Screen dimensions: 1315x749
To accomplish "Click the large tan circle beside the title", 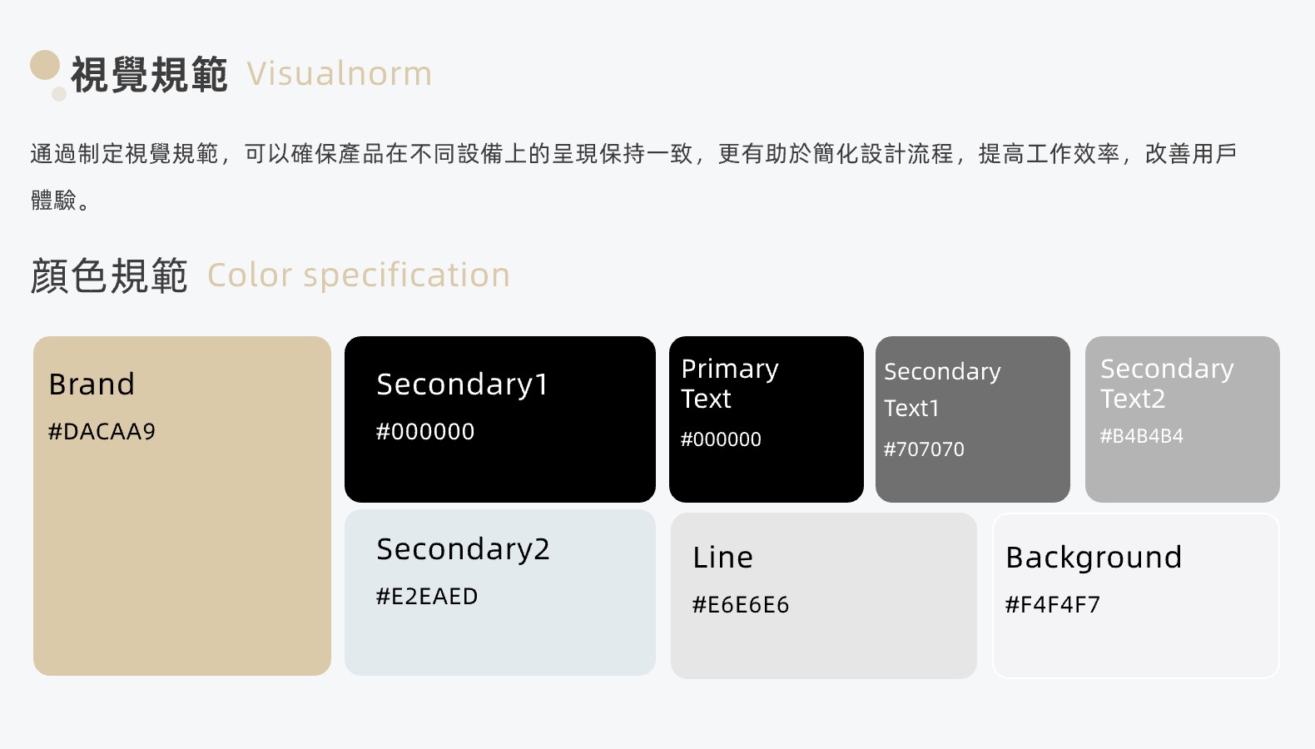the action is tap(45, 65).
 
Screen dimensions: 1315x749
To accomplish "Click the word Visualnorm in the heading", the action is tap(340, 74).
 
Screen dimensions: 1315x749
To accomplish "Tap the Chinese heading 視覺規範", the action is tap(149, 75).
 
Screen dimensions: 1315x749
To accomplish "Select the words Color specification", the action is tap(359, 275).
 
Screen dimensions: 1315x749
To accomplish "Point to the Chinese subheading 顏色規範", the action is tap(109, 275).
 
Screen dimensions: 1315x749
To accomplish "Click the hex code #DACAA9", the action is tap(102, 431).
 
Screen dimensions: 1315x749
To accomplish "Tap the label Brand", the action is tap(92, 384).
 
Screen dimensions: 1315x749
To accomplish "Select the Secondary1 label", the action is tap(462, 385).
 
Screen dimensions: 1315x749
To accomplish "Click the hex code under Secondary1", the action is tap(425, 431).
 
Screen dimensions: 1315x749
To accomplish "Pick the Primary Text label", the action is tap(730, 384).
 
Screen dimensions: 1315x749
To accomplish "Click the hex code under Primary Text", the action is tap(721, 439).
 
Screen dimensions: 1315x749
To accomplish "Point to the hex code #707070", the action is tap(924, 449).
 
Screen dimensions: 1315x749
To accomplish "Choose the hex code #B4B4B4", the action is tap(1141, 436).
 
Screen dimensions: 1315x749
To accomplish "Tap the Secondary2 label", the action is tap(464, 550).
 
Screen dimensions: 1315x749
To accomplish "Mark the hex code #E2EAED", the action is tap(427, 597).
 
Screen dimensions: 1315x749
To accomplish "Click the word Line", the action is tap(722, 558).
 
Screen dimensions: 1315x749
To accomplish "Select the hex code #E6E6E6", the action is tap(741, 604).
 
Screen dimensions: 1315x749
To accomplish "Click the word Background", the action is tap(1094, 558).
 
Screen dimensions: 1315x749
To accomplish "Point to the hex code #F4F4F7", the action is tap(1053, 604).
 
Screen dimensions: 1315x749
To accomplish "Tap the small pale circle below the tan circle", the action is tap(59, 94).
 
